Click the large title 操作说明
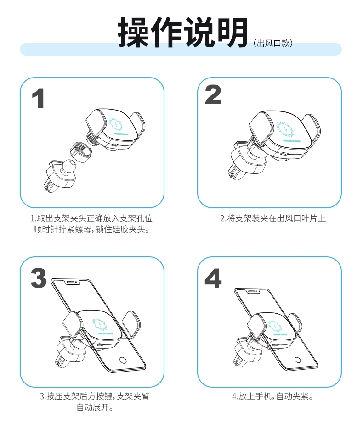pyautogui.click(x=183, y=32)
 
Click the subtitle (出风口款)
pyautogui.click(x=273, y=43)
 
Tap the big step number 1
pyautogui.click(x=38, y=98)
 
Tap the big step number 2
pyautogui.click(x=213, y=94)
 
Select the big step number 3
pyautogui.click(x=39, y=278)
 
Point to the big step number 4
pyautogui.click(x=213, y=278)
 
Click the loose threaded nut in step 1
pyautogui.click(x=82, y=152)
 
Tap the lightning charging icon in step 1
pyautogui.click(x=116, y=125)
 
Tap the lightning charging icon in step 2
pyautogui.click(x=284, y=129)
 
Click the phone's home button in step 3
pyautogui.click(x=123, y=360)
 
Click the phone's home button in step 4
pyautogui.click(x=297, y=360)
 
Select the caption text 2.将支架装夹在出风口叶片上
pyautogui.click(x=273, y=218)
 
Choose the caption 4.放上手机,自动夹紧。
pyautogui.click(x=272, y=396)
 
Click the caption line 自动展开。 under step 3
pyautogui.click(x=95, y=407)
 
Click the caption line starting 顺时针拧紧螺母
pyautogui.click(x=91, y=229)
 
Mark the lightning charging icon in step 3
pyautogui.click(x=100, y=324)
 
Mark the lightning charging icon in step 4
pyautogui.click(x=274, y=326)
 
